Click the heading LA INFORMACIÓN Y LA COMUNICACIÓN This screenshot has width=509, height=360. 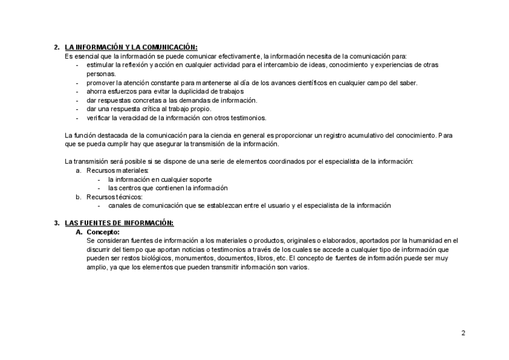[x=131, y=47]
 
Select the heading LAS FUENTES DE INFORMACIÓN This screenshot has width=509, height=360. [x=119, y=223]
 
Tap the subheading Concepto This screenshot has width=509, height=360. [x=103, y=232]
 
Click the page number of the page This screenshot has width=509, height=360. [x=463, y=333]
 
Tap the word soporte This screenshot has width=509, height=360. [x=199, y=179]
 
